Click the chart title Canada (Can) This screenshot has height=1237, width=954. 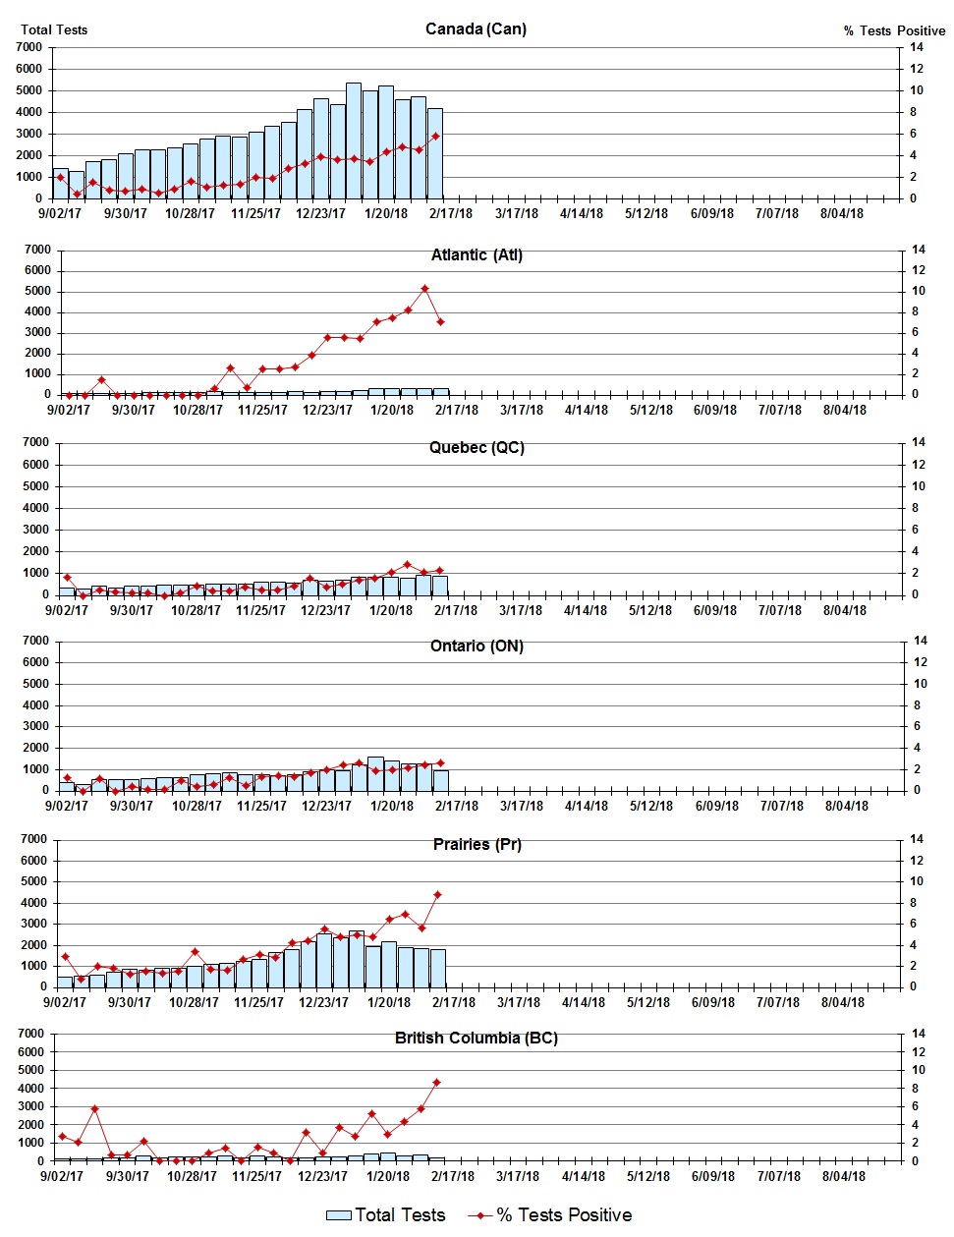[x=476, y=28]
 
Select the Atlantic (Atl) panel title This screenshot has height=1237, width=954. [x=477, y=254]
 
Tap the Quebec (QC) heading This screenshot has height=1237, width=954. [x=477, y=447]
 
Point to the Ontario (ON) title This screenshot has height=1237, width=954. [x=477, y=646]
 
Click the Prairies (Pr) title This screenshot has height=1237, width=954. [x=477, y=844]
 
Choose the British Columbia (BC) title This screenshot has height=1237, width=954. [x=477, y=1038]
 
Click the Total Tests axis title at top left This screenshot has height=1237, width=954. [x=54, y=29]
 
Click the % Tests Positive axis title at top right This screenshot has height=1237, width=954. [x=894, y=30]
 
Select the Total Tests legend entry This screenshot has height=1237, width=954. [x=386, y=1215]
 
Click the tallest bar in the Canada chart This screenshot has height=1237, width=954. [x=354, y=141]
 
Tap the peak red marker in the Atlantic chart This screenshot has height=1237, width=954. [x=424, y=289]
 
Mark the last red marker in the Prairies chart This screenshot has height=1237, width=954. [x=437, y=895]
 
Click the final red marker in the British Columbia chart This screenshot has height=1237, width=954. [x=436, y=1083]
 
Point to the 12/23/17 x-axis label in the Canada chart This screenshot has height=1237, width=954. [x=321, y=213]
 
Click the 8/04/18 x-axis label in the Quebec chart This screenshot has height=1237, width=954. [x=844, y=610]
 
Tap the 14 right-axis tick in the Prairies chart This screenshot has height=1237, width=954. [x=917, y=839]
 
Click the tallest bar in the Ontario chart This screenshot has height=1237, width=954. [x=375, y=773]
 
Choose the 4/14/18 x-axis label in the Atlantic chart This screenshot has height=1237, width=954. [x=587, y=410]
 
